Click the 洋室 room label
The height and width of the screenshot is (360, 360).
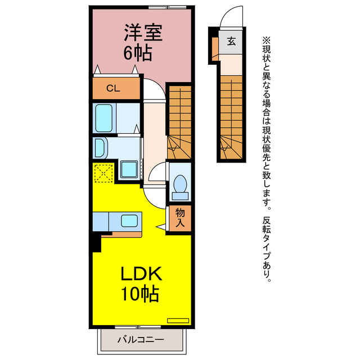click(143, 33)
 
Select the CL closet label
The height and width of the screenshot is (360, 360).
click(113, 88)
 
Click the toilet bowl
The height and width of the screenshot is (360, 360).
click(181, 185)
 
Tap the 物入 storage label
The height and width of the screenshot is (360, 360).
click(181, 217)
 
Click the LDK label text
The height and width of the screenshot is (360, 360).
click(141, 275)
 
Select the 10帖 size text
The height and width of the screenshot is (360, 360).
click(138, 294)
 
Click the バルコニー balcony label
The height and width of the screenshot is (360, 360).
click(141, 340)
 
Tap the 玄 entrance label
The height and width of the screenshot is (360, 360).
click(231, 40)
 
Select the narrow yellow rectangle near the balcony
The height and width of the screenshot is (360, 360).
click(178, 320)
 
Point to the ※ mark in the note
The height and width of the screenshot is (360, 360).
click(266, 40)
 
